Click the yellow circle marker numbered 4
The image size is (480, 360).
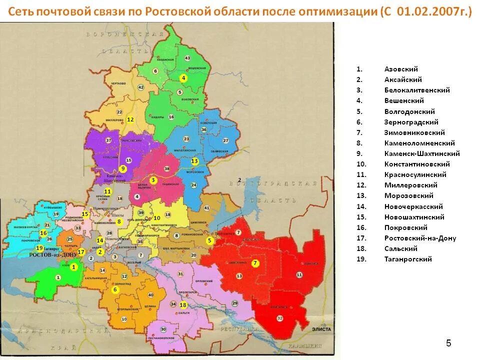click(x=183, y=78)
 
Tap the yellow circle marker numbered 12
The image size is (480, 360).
click(x=130, y=119)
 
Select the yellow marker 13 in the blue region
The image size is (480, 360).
click(x=195, y=161)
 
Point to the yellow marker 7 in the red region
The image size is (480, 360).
click(x=255, y=263)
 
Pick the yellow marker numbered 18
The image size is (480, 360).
click(x=183, y=305)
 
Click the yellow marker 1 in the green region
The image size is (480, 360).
click(x=74, y=267)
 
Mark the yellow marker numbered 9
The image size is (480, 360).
click(x=123, y=168)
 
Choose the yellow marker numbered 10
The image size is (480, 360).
click(x=157, y=218)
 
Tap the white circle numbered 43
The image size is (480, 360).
click(x=187, y=58)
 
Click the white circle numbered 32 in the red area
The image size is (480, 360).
click(x=279, y=318)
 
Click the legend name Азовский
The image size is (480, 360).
click(x=401, y=69)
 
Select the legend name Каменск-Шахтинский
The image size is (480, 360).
click(x=422, y=153)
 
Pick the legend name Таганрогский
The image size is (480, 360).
click(x=408, y=259)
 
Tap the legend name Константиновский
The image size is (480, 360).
click(x=417, y=164)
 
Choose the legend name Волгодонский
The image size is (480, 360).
click(x=409, y=111)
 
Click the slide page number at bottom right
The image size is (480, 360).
click(x=448, y=343)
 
